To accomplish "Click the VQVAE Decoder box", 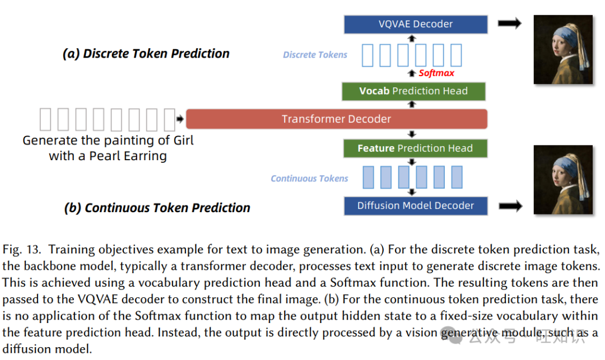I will pos(415,24).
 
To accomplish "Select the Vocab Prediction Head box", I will pos(413,91).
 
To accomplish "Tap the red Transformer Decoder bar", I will pos(336,119).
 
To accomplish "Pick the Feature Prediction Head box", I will pos(415,148).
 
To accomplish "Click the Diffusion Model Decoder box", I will pos(415,205).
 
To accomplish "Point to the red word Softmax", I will pos(436,73).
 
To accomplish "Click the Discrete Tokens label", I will pos(315,55).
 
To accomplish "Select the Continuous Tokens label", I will pos(309,179).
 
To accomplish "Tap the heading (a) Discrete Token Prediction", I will pos(146,54).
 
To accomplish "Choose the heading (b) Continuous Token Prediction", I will pos(157,208).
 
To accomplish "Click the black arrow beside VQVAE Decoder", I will pos(510,23).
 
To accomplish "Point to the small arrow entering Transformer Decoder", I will pos(180,119).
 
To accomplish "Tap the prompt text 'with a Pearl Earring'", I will pos(108,156).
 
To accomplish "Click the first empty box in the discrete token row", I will pos(367,55).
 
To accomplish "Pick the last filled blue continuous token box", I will pos(457,177).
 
